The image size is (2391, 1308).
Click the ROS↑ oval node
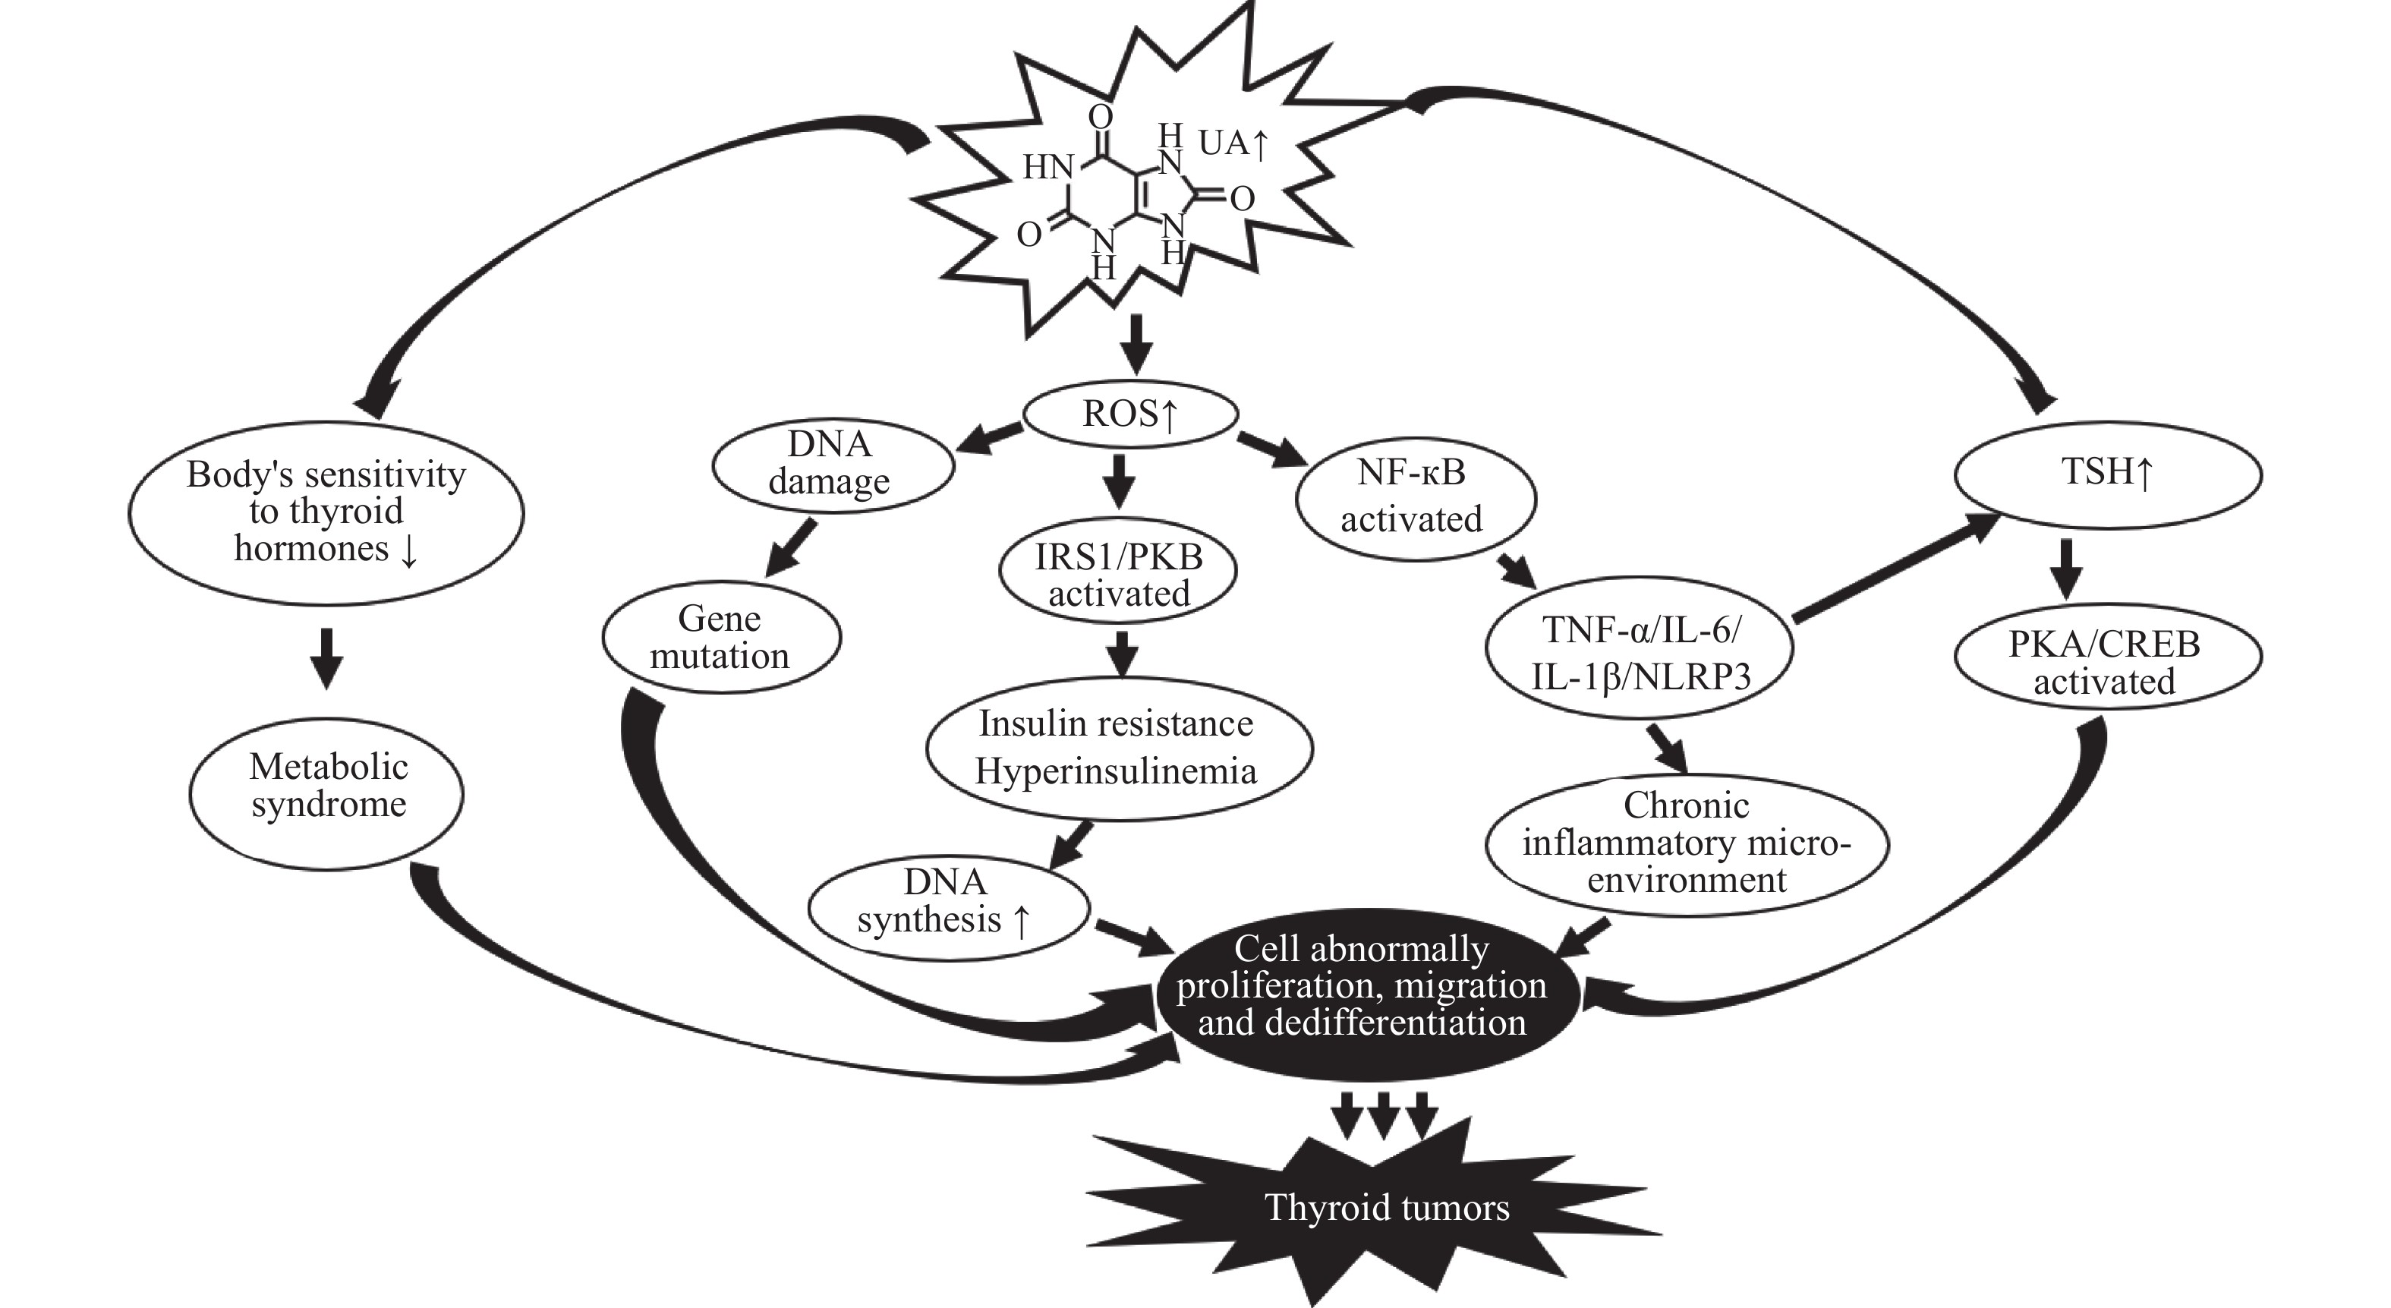pyautogui.click(x=1129, y=414)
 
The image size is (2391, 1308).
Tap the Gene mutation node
pyautogui.click(x=720, y=638)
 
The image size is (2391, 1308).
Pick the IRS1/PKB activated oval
pyautogui.click(x=1119, y=575)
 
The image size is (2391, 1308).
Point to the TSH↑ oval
pyautogui.click(x=2107, y=474)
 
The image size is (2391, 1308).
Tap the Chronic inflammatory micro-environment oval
pyautogui.click(x=1686, y=843)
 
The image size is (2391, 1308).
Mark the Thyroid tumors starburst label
pyautogui.click(x=1387, y=1208)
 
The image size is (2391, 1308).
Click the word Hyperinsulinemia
pyautogui.click(x=1116, y=771)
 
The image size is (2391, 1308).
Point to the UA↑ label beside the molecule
pyautogui.click(x=1233, y=144)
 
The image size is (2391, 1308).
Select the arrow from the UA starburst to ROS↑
pyautogui.click(x=1136, y=343)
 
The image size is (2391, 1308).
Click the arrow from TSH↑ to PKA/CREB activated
pyautogui.click(x=2065, y=568)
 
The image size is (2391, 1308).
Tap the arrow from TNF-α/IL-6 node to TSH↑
pyautogui.click(x=1894, y=568)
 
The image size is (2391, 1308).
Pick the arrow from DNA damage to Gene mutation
pyautogui.click(x=791, y=547)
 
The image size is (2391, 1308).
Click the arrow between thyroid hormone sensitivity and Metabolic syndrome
pyautogui.click(x=326, y=657)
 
